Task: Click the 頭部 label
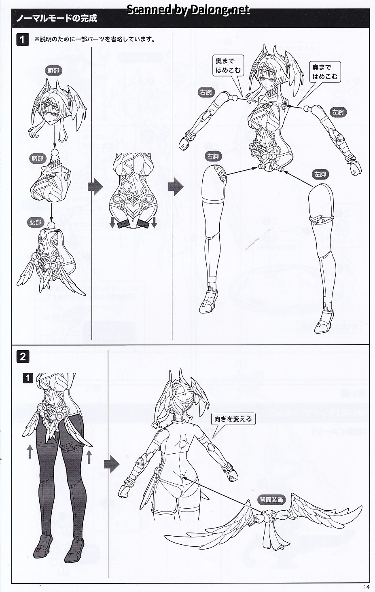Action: tap(53, 71)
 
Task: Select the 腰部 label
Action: tap(35, 222)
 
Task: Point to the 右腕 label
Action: tap(206, 92)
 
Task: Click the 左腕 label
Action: tap(338, 112)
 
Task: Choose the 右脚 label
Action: tap(213, 156)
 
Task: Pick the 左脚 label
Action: tap(320, 174)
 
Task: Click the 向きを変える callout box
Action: tap(233, 419)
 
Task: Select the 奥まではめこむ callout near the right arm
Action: tap(228, 66)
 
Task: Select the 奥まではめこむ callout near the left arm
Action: tap(325, 72)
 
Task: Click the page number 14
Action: tap(366, 587)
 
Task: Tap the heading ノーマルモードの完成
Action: tap(57, 18)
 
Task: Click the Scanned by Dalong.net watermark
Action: tap(188, 10)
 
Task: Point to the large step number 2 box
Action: tap(23, 357)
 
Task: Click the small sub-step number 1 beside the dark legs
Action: tap(28, 379)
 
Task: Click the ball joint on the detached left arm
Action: tap(307, 109)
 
